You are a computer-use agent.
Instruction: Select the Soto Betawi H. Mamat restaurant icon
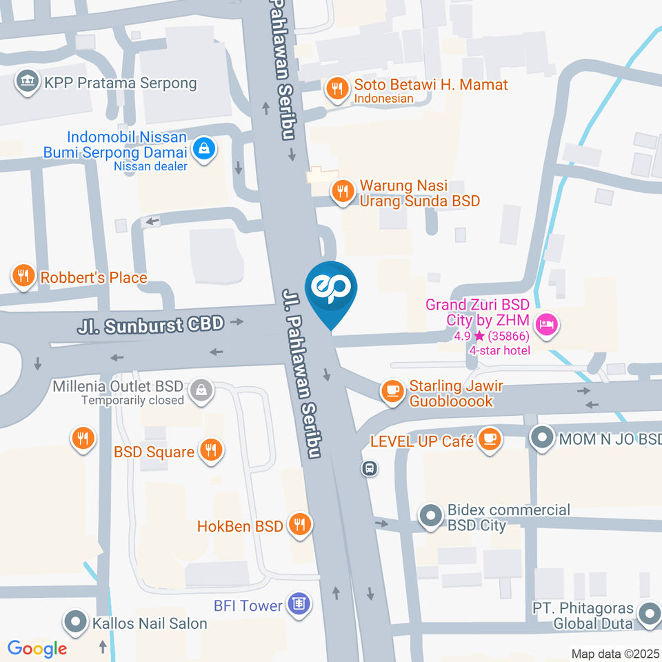[x=337, y=89]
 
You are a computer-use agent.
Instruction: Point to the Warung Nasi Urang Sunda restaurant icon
[x=342, y=191]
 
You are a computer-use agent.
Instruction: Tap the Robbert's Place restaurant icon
[x=23, y=277]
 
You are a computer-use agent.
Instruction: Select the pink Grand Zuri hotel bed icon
[x=547, y=322]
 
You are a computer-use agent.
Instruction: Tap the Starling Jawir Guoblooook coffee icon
[x=392, y=391]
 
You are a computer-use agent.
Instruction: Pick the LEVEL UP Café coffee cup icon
[x=490, y=438]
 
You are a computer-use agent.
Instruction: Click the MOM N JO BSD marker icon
[x=541, y=438]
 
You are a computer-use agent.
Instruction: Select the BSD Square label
[x=154, y=452]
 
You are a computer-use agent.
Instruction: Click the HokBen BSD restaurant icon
[x=299, y=524]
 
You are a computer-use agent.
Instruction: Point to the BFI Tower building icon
[x=298, y=605]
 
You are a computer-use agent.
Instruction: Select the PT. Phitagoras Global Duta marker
[x=648, y=613]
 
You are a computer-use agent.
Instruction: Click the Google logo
[x=37, y=648]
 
